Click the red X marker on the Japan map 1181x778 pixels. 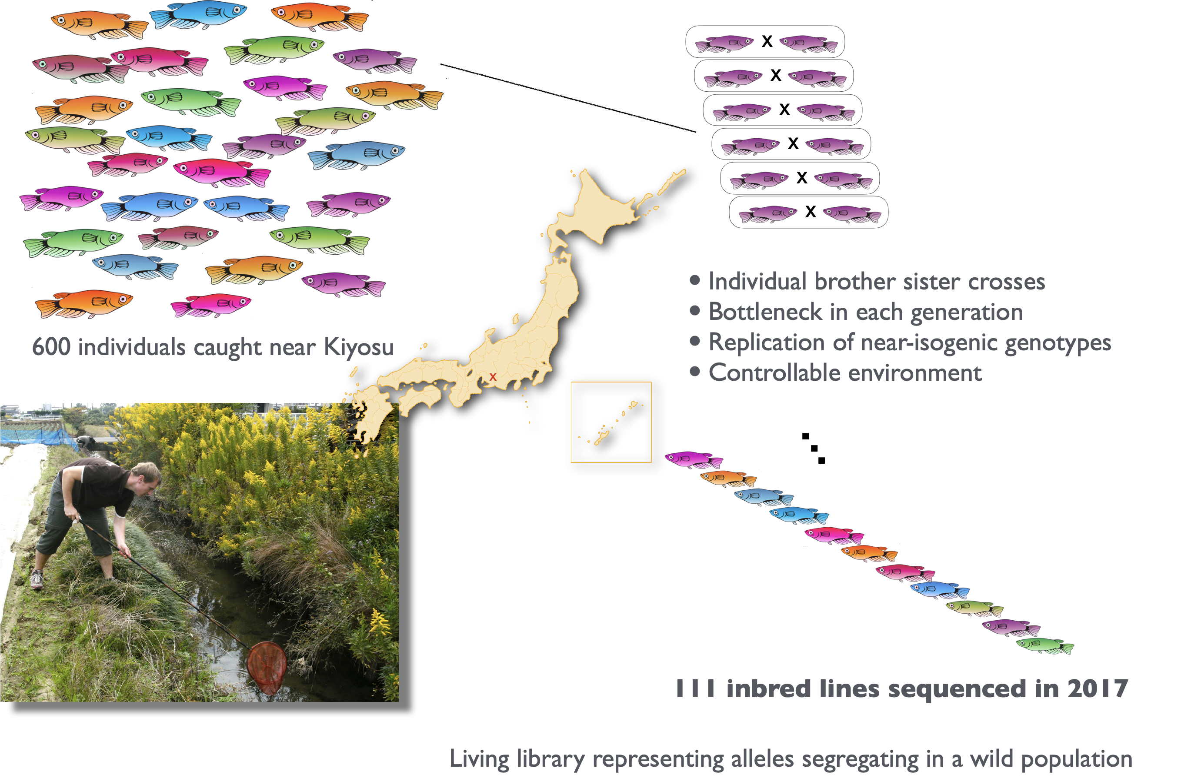(x=493, y=377)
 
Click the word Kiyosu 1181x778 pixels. (x=358, y=346)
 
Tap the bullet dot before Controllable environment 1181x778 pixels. (x=695, y=372)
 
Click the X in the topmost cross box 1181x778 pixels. (x=767, y=41)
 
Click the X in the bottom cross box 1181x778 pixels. (x=811, y=212)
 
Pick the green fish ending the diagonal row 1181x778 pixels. (x=1045, y=646)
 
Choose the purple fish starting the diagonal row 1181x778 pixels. (x=694, y=459)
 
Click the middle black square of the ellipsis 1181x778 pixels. (x=814, y=448)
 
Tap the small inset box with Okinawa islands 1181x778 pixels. (x=611, y=422)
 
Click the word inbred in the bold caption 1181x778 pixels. (x=768, y=689)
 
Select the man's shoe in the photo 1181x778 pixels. (x=37, y=579)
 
